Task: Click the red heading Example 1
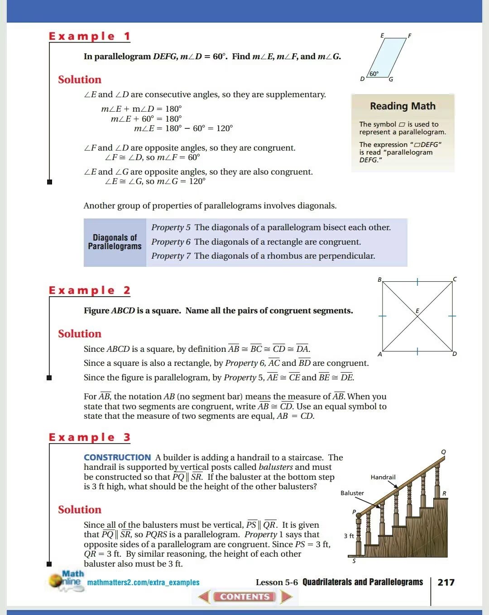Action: tap(89, 36)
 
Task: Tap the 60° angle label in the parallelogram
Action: tap(374, 74)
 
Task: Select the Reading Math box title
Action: tap(403, 106)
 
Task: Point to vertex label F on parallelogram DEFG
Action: tap(409, 36)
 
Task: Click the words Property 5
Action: tap(171, 227)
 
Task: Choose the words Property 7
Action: tap(171, 256)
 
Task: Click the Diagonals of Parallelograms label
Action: tap(115, 242)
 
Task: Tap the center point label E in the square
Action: tap(417, 311)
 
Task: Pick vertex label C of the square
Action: tap(455, 279)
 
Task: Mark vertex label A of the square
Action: tap(380, 354)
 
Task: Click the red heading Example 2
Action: tap(89, 290)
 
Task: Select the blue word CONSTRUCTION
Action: tap(117, 458)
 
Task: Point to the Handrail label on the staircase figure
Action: tap(383, 477)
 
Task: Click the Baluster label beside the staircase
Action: tap(352, 493)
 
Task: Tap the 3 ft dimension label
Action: tap(349, 536)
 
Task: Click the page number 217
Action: tap(446, 582)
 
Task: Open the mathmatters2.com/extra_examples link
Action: tap(143, 582)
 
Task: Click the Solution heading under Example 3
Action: tap(80, 510)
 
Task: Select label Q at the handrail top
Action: tap(443, 452)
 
